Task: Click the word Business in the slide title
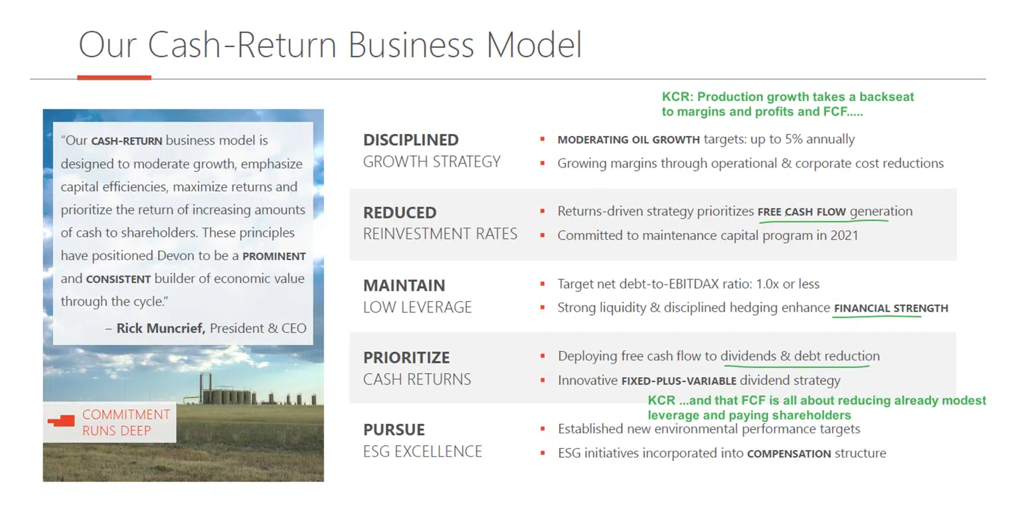(x=411, y=44)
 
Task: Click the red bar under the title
(x=114, y=78)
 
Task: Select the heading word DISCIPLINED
(x=410, y=140)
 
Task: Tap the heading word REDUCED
(x=399, y=213)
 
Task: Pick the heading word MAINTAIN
(x=404, y=285)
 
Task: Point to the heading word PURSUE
(x=394, y=429)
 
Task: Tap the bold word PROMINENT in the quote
(x=274, y=256)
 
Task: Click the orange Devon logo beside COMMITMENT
(x=62, y=421)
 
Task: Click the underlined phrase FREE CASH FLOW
(x=802, y=212)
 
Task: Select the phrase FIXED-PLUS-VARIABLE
(x=678, y=381)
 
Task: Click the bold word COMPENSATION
(x=789, y=454)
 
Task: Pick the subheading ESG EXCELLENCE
(x=422, y=451)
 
